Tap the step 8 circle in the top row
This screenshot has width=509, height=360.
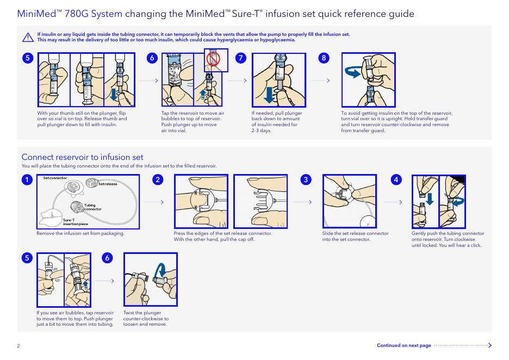[x=325, y=58]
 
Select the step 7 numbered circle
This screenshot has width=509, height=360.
[x=240, y=58]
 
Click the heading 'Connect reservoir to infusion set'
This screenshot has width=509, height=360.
[x=82, y=157]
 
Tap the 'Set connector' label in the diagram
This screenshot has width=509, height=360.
[x=55, y=178]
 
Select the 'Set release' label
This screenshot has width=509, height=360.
[x=108, y=184]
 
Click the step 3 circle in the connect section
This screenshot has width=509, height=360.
[x=307, y=179]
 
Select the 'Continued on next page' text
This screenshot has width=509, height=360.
[x=404, y=345]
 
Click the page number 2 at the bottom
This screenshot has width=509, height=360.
[x=18, y=346]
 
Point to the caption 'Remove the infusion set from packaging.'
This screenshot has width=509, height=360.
[x=80, y=234]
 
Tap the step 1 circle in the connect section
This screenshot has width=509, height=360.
[x=25, y=179]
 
